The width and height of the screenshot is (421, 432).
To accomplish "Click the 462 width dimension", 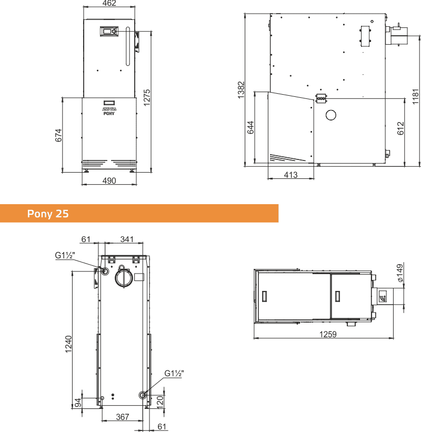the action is (109, 3).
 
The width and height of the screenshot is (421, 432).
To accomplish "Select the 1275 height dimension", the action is (147, 97).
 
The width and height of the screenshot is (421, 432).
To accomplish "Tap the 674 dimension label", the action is (58, 135).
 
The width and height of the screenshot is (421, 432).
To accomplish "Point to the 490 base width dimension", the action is (109, 180).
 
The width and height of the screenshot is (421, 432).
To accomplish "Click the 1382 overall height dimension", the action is (241, 90).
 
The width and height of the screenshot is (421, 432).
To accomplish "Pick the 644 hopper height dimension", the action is (250, 127).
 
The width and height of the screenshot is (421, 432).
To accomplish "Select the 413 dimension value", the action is (290, 175).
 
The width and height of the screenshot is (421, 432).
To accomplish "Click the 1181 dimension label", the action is (416, 97).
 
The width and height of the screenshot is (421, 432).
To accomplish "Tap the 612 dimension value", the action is (400, 128).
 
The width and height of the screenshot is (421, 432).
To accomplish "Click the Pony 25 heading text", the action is (48, 214).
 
